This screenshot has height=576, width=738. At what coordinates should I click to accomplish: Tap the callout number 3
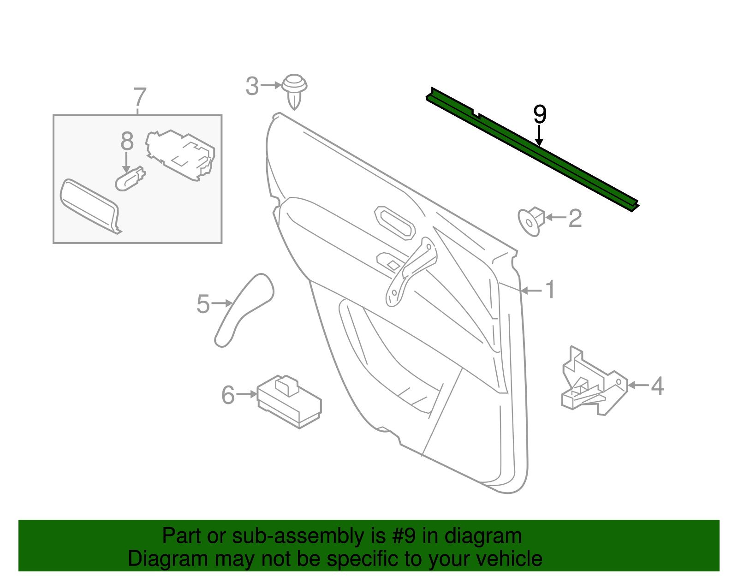click(252, 86)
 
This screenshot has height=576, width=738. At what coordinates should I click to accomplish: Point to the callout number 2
click(575, 218)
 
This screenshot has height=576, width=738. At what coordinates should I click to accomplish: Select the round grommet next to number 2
click(531, 221)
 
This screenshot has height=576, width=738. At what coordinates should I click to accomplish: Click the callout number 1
click(549, 290)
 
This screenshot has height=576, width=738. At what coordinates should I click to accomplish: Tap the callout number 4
click(657, 386)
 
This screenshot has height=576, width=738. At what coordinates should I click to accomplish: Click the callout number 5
click(203, 304)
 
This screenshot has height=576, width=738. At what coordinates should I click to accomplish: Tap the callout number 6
click(228, 395)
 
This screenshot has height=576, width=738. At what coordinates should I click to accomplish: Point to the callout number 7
click(140, 97)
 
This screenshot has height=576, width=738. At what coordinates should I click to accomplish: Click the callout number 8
click(127, 142)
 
